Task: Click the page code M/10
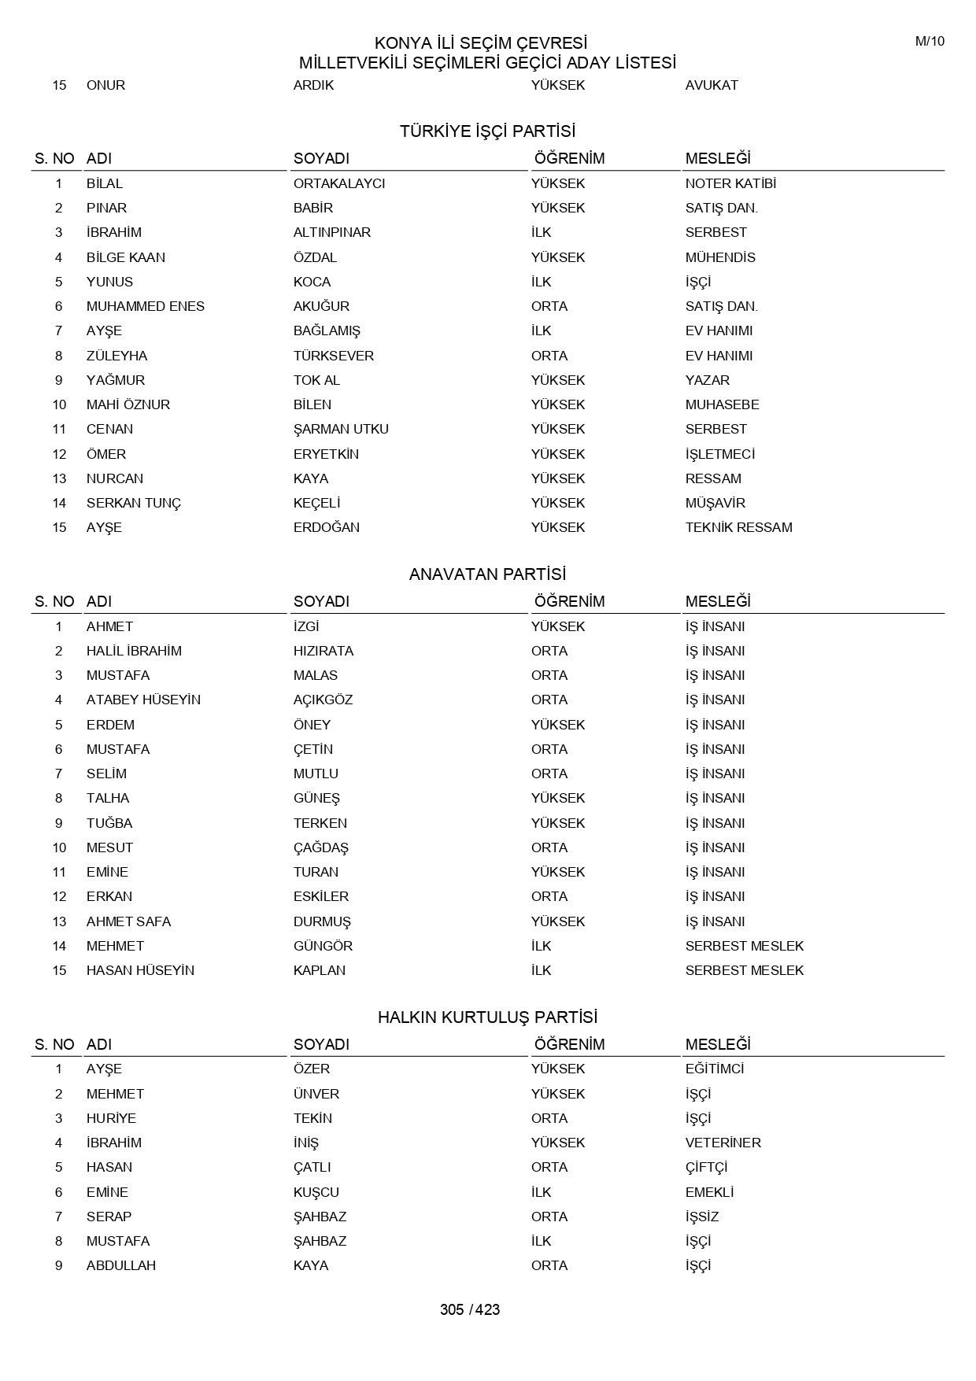(x=930, y=42)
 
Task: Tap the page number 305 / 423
(x=470, y=1309)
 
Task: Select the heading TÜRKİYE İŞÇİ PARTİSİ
(x=487, y=131)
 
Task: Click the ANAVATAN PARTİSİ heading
(x=487, y=574)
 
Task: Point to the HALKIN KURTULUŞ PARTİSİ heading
(x=487, y=1017)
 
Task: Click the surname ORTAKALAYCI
(x=339, y=183)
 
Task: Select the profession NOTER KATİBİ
(x=730, y=183)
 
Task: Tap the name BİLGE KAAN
(x=126, y=257)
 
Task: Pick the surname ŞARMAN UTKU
(x=341, y=429)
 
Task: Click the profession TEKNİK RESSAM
(x=738, y=527)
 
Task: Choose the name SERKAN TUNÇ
(x=134, y=503)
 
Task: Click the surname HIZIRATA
(x=323, y=651)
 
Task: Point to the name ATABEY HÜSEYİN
(x=143, y=700)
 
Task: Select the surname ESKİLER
(x=321, y=896)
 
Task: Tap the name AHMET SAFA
(x=128, y=921)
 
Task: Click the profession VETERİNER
(x=723, y=1143)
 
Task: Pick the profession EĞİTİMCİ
(x=714, y=1069)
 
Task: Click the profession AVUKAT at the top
(x=712, y=85)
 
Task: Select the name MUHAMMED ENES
(x=146, y=306)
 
